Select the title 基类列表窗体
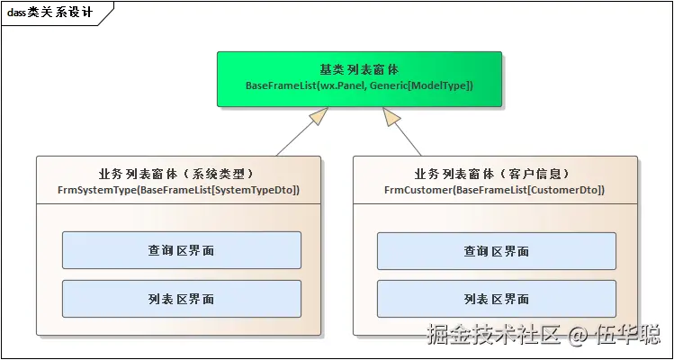coord(359,69)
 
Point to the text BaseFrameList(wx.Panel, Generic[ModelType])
coord(359,85)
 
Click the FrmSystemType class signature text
coord(178,190)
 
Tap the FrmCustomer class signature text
coord(494,190)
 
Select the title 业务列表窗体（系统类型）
coord(178,174)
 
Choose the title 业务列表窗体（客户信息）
coord(494,174)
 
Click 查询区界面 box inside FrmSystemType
coord(181,251)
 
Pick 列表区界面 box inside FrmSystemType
coord(181,299)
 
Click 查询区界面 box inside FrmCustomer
coord(497,251)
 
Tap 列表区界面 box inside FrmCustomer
coord(497,299)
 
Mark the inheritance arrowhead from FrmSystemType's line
coord(316,116)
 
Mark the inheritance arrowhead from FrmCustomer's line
coord(391,116)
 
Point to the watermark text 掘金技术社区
coord(494,336)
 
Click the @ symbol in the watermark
coord(579,337)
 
